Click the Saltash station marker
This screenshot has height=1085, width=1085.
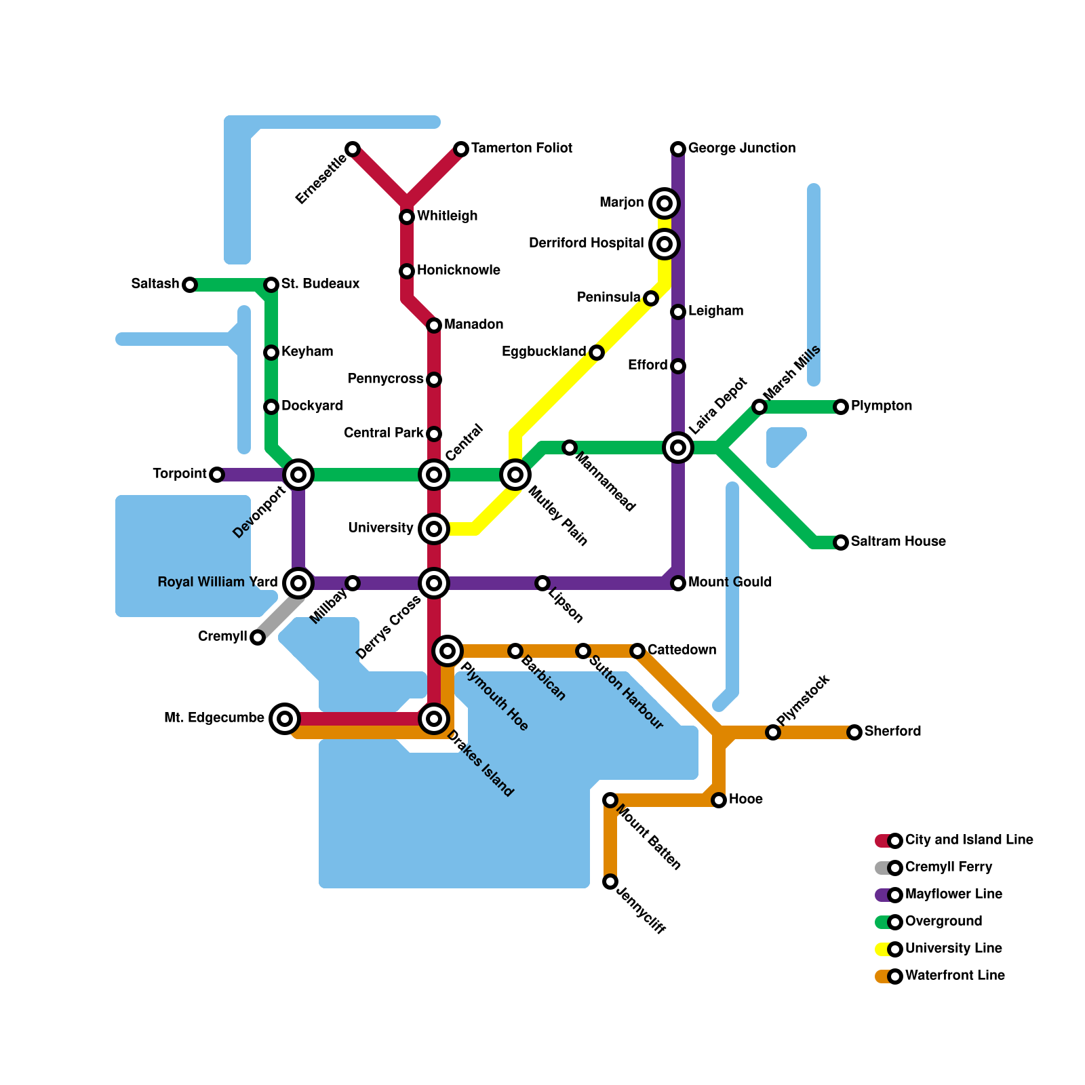coord(190,285)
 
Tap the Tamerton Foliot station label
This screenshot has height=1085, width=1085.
coord(521,149)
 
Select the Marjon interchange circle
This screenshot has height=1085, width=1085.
coord(665,203)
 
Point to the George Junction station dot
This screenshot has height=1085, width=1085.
coord(678,149)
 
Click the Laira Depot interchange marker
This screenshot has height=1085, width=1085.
coord(678,448)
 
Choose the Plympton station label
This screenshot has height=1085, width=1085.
coord(881,406)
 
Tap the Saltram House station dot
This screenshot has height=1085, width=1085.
coord(841,542)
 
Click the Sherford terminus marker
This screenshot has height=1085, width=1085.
coord(854,732)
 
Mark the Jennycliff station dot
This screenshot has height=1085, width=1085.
coord(610,882)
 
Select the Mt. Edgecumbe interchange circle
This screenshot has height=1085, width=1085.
coord(285,719)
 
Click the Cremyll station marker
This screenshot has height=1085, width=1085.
coord(258,637)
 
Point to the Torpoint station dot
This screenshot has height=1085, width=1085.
coord(217,475)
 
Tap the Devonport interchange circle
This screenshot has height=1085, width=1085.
coord(298,475)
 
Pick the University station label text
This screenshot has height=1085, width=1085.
coord(380,528)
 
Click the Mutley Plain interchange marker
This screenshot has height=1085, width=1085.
coord(515,475)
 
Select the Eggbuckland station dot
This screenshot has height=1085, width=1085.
coord(597,353)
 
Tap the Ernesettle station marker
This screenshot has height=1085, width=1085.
coord(353,149)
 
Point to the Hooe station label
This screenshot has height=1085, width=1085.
coord(745,800)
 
